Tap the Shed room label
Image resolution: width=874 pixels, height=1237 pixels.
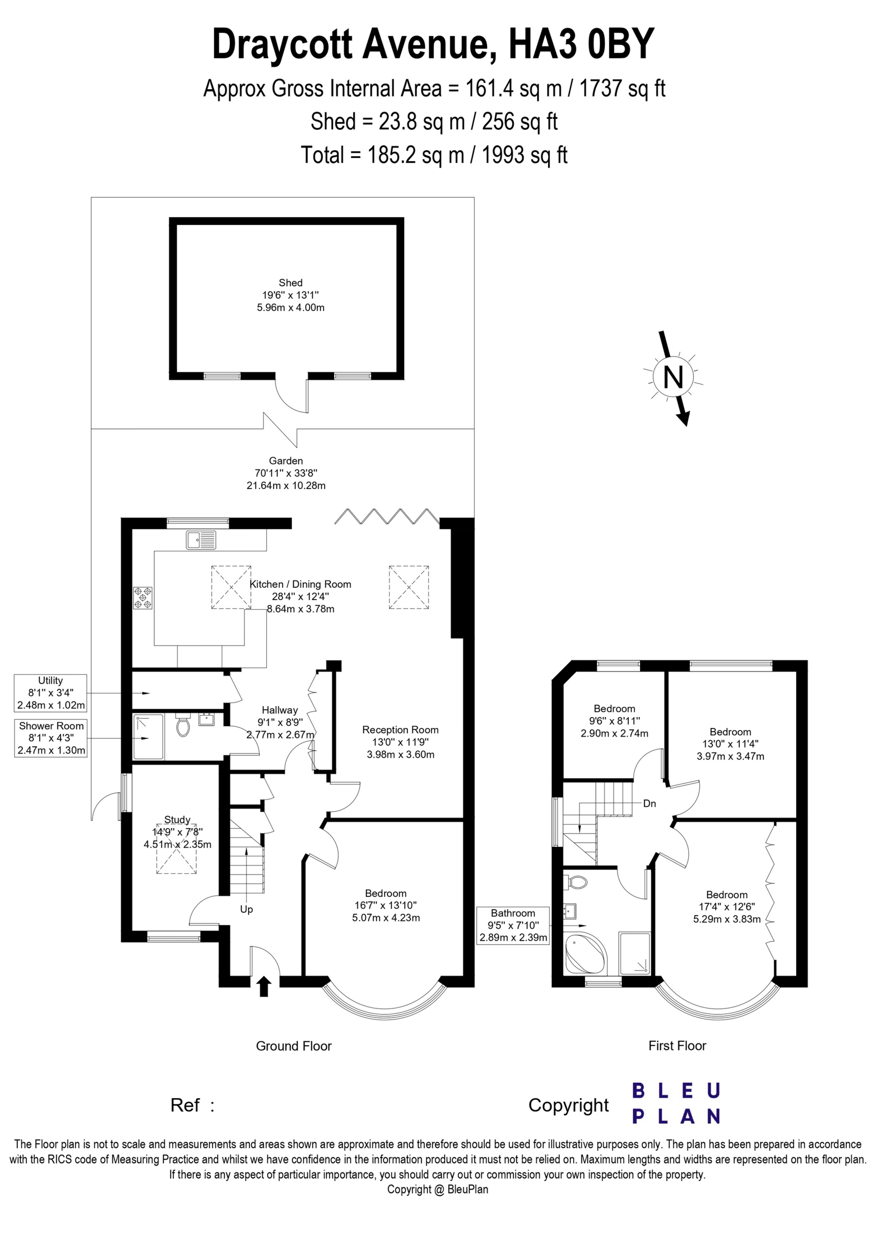[x=290, y=283]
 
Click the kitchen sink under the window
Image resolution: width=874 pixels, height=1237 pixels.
[x=201, y=540]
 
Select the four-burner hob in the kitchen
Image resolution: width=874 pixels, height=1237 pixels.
[x=143, y=598]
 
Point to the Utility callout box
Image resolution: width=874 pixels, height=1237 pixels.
[x=51, y=693]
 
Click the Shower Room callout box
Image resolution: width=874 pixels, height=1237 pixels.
[x=51, y=738]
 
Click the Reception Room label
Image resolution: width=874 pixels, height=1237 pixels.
[x=401, y=730]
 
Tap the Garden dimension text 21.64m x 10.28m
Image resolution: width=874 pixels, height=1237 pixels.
[x=285, y=485]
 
